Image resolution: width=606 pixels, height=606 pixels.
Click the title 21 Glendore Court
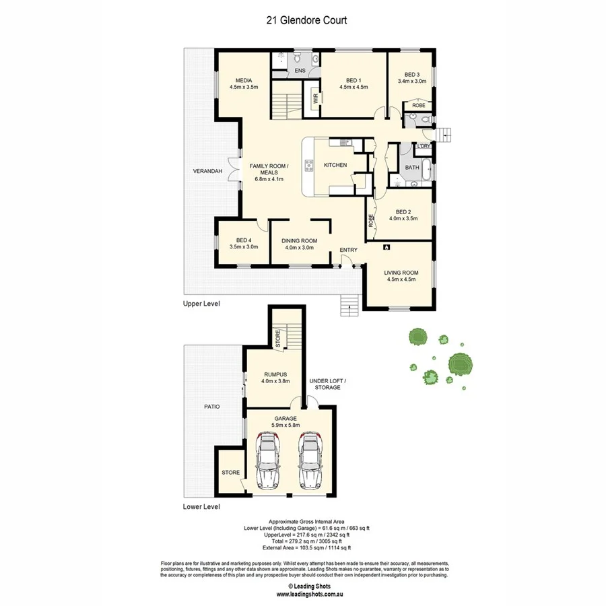click(306, 20)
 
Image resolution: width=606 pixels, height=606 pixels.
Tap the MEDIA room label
click(243, 81)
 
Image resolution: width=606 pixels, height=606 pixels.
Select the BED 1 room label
click(353, 81)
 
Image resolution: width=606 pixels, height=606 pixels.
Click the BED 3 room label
click(411, 74)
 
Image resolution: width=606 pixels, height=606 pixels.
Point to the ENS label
click(300, 70)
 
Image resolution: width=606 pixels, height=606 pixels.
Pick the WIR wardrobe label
click(315, 98)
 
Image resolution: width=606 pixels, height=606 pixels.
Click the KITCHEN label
click(335, 165)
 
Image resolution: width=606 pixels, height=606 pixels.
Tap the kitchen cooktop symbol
click(310, 165)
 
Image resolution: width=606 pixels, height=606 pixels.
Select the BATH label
click(412, 167)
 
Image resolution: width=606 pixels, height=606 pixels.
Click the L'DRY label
click(424, 147)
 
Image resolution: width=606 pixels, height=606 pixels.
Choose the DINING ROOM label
click(300, 240)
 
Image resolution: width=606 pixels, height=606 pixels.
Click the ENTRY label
click(349, 250)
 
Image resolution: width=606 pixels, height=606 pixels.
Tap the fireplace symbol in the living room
click(386, 247)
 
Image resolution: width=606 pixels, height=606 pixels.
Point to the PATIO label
click(212, 407)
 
